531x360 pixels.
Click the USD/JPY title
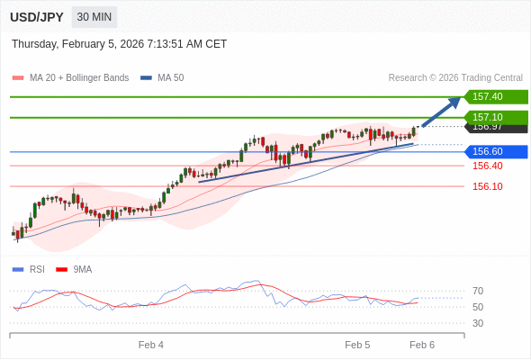click(x=37, y=17)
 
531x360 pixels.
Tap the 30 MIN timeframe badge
click(x=94, y=17)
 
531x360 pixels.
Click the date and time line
click(x=120, y=44)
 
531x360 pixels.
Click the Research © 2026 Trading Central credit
click(x=455, y=78)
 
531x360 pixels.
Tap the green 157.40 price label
click(x=494, y=97)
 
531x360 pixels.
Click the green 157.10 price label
click(x=494, y=117)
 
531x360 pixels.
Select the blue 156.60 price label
click(x=494, y=151)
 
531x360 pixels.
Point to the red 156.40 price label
click(x=487, y=166)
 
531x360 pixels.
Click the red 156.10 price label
click(x=487, y=186)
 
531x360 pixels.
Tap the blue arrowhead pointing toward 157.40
click(x=454, y=102)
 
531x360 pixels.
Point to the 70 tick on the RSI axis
click(x=478, y=291)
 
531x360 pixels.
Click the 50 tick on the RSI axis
click(x=478, y=307)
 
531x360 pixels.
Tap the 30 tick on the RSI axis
click(x=478, y=323)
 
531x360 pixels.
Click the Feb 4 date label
click(x=151, y=345)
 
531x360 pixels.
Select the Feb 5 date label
click(x=357, y=345)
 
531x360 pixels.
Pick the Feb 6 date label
click(x=422, y=345)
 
